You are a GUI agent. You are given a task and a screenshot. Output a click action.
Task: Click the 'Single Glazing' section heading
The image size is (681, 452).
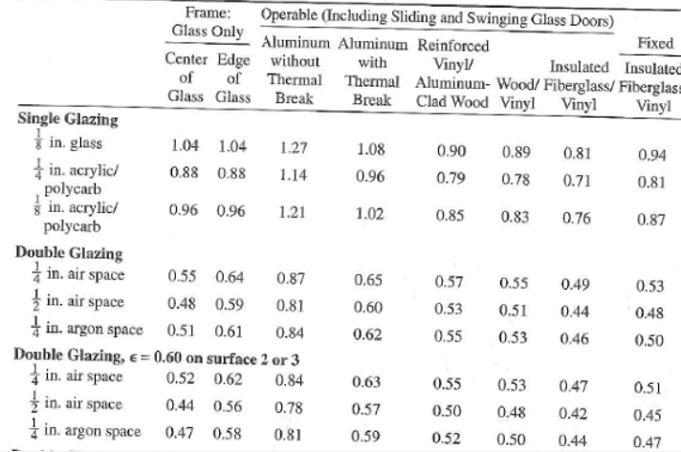pos(68,119)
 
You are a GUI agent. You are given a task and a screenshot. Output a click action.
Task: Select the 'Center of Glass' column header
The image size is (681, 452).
pos(186,77)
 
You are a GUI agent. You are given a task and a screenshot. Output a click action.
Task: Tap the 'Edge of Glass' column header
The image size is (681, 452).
pos(233,78)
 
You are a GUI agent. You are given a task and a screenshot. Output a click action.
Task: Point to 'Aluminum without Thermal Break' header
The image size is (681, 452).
pos(295,71)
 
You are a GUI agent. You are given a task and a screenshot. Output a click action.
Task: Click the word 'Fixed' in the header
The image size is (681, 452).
pos(655,43)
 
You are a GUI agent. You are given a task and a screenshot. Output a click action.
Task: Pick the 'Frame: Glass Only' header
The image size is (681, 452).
pos(208,22)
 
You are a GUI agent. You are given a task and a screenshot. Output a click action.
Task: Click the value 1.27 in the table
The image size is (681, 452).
pos(294,148)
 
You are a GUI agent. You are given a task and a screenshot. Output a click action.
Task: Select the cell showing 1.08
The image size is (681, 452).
pos(370,150)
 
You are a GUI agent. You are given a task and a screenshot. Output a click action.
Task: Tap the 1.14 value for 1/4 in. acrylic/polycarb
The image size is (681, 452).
pos(293,175)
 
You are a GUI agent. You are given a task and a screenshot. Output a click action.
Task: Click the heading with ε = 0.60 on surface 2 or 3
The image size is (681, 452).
pos(156,357)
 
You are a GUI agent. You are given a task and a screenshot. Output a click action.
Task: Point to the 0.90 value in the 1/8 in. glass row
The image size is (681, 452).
pos(451,151)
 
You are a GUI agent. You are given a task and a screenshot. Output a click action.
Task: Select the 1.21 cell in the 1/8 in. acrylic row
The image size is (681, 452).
pos(292,212)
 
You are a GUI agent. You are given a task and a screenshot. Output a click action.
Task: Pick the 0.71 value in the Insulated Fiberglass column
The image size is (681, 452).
pos(577,181)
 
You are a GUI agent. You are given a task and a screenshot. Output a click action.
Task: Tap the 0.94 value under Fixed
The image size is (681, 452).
pos(652,155)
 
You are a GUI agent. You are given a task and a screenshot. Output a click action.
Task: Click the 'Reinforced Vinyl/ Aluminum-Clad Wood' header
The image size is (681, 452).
pos(452,74)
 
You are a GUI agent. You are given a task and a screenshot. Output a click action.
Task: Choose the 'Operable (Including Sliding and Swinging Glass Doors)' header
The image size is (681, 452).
pos(437,18)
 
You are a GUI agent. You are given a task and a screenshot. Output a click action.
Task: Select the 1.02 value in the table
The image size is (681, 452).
pos(369,214)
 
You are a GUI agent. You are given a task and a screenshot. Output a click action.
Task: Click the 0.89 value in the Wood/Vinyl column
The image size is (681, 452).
pos(516,152)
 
